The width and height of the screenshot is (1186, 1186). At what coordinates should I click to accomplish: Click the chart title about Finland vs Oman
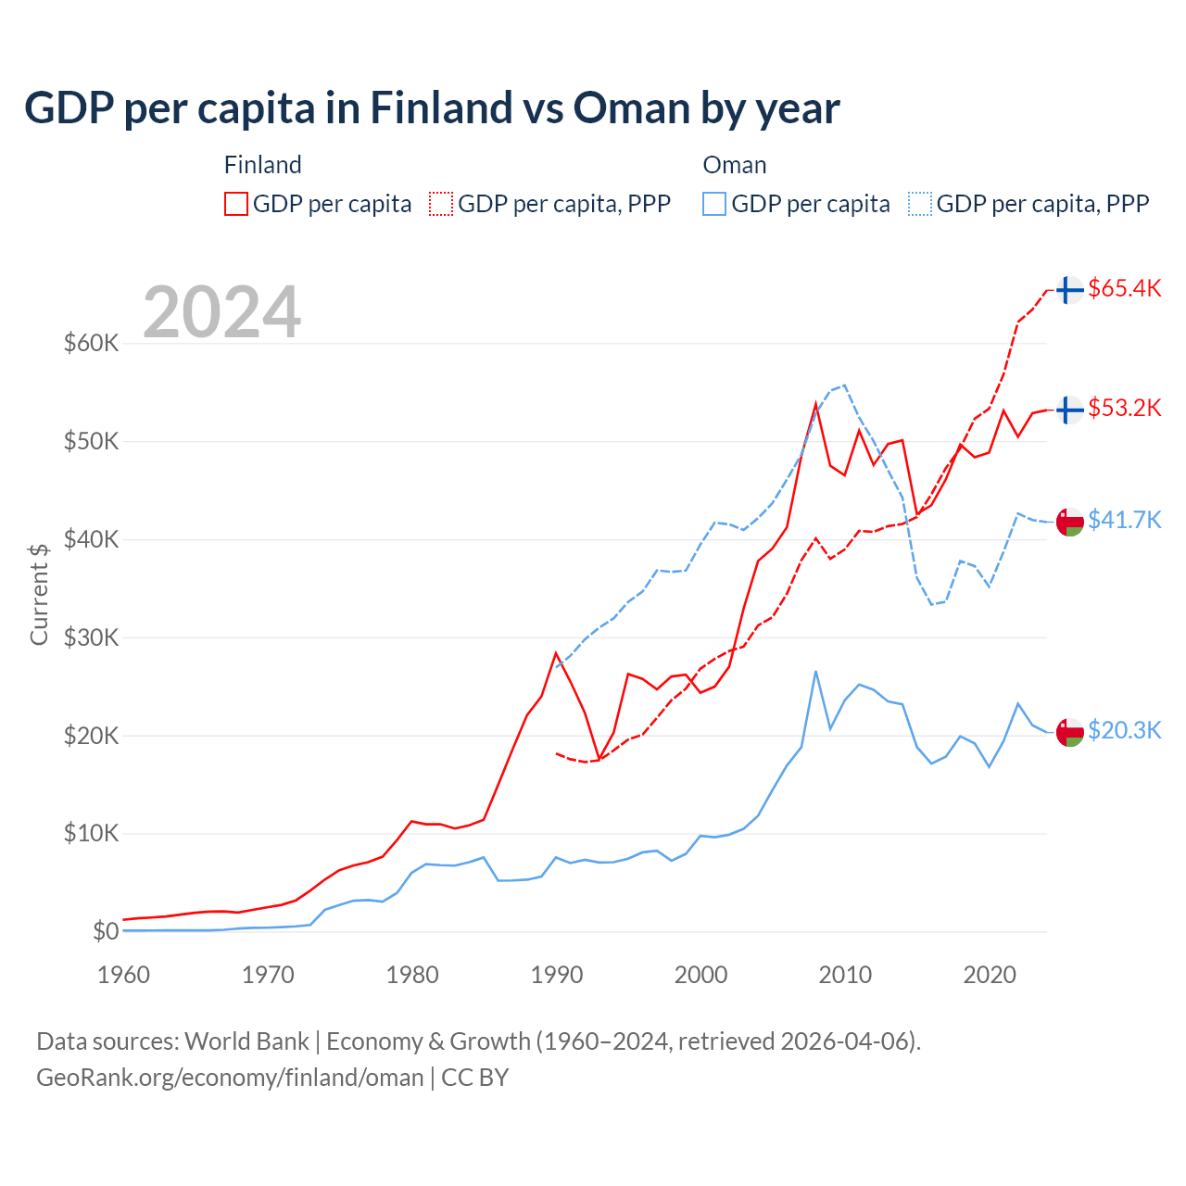pyautogui.click(x=432, y=108)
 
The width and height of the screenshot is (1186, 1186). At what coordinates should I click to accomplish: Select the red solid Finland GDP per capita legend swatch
pyautogui.click(x=236, y=204)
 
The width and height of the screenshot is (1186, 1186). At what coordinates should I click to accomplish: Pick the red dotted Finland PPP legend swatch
pyautogui.click(x=441, y=204)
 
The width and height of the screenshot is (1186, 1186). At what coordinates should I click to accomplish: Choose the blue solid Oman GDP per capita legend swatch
pyautogui.click(x=714, y=204)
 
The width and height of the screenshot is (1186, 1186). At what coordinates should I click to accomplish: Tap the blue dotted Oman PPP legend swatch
pyautogui.click(x=920, y=204)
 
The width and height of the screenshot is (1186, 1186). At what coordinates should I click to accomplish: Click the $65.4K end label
pyautogui.click(x=1124, y=288)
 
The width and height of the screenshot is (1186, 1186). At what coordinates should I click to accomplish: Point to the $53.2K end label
pyautogui.click(x=1124, y=408)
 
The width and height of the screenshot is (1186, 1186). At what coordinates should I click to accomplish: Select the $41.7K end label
pyautogui.click(x=1124, y=520)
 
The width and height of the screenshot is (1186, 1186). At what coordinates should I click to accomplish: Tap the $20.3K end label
pyautogui.click(x=1124, y=730)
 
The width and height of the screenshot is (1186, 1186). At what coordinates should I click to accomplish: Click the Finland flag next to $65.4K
pyautogui.click(x=1070, y=290)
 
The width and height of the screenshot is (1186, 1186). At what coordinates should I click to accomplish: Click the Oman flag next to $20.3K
pyautogui.click(x=1070, y=732)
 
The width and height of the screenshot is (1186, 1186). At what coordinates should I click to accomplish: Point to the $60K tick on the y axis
pyautogui.click(x=92, y=344)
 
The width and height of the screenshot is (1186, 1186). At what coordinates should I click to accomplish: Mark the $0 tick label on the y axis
pyautogui.click(x=106, y=931)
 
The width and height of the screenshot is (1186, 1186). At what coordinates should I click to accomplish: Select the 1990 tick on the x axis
pyautogui.click(x=557, y=975)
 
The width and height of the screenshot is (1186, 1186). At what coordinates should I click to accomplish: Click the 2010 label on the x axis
pyautogui.click(x=845, y=975)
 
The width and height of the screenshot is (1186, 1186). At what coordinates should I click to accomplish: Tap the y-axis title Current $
pyautogui.click(x=39, y=594)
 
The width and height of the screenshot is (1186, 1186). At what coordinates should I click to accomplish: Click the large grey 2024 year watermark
pyautogui.click(x=222, y=312)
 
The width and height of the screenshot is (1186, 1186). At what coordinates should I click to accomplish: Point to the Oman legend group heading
pyautogui.click(x=735, y=165)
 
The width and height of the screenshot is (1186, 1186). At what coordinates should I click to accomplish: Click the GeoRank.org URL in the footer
pyautogui.click(x=230, y=1078)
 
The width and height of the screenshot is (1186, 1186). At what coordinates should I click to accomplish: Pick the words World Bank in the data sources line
pyautogui.click(x=246, y=1041)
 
